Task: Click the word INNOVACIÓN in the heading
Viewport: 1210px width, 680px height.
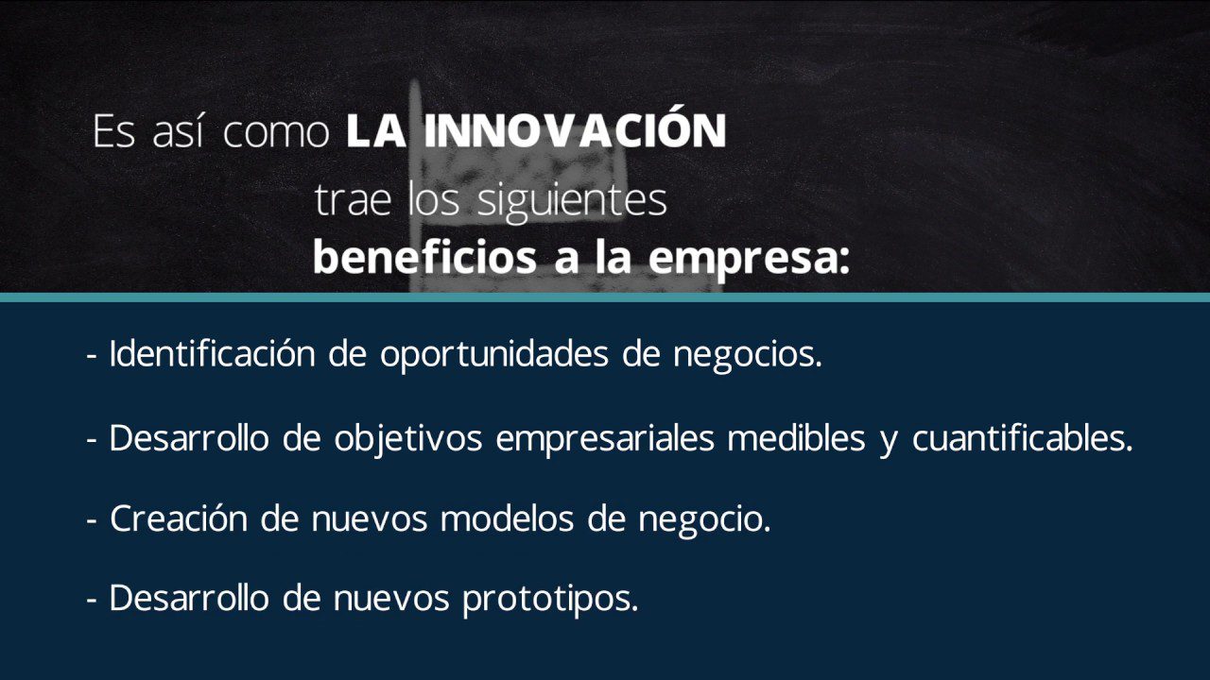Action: (x=575, y=130)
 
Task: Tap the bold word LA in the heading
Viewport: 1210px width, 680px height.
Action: (x=376, y=132)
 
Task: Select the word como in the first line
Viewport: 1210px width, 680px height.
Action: (x=276, y=133)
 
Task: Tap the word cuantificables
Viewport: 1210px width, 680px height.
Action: (x=1022, y=438)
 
